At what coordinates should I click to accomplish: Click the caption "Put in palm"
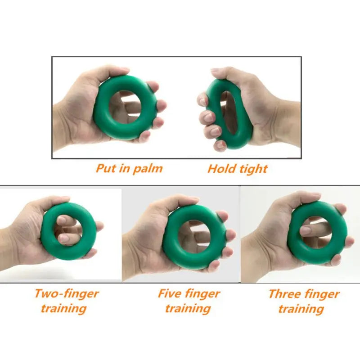pyautogui.click(x=129, y=169)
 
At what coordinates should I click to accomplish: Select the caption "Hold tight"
pyautogui.click(x=237, y=169)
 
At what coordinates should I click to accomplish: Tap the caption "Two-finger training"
pyautogui.click(x=66, y=301)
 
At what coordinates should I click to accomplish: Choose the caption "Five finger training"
pyautogui.click(x=189, y=301)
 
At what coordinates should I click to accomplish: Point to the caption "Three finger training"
pyautogui.click(x=304, y=301)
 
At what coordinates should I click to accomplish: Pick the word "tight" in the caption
pyautogui.click(x=253, y=169)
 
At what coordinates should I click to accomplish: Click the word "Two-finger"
pyautogui.click(x=66, y=294)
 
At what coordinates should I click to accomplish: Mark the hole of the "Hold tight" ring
pyautogui.click(x=229, y=112)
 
